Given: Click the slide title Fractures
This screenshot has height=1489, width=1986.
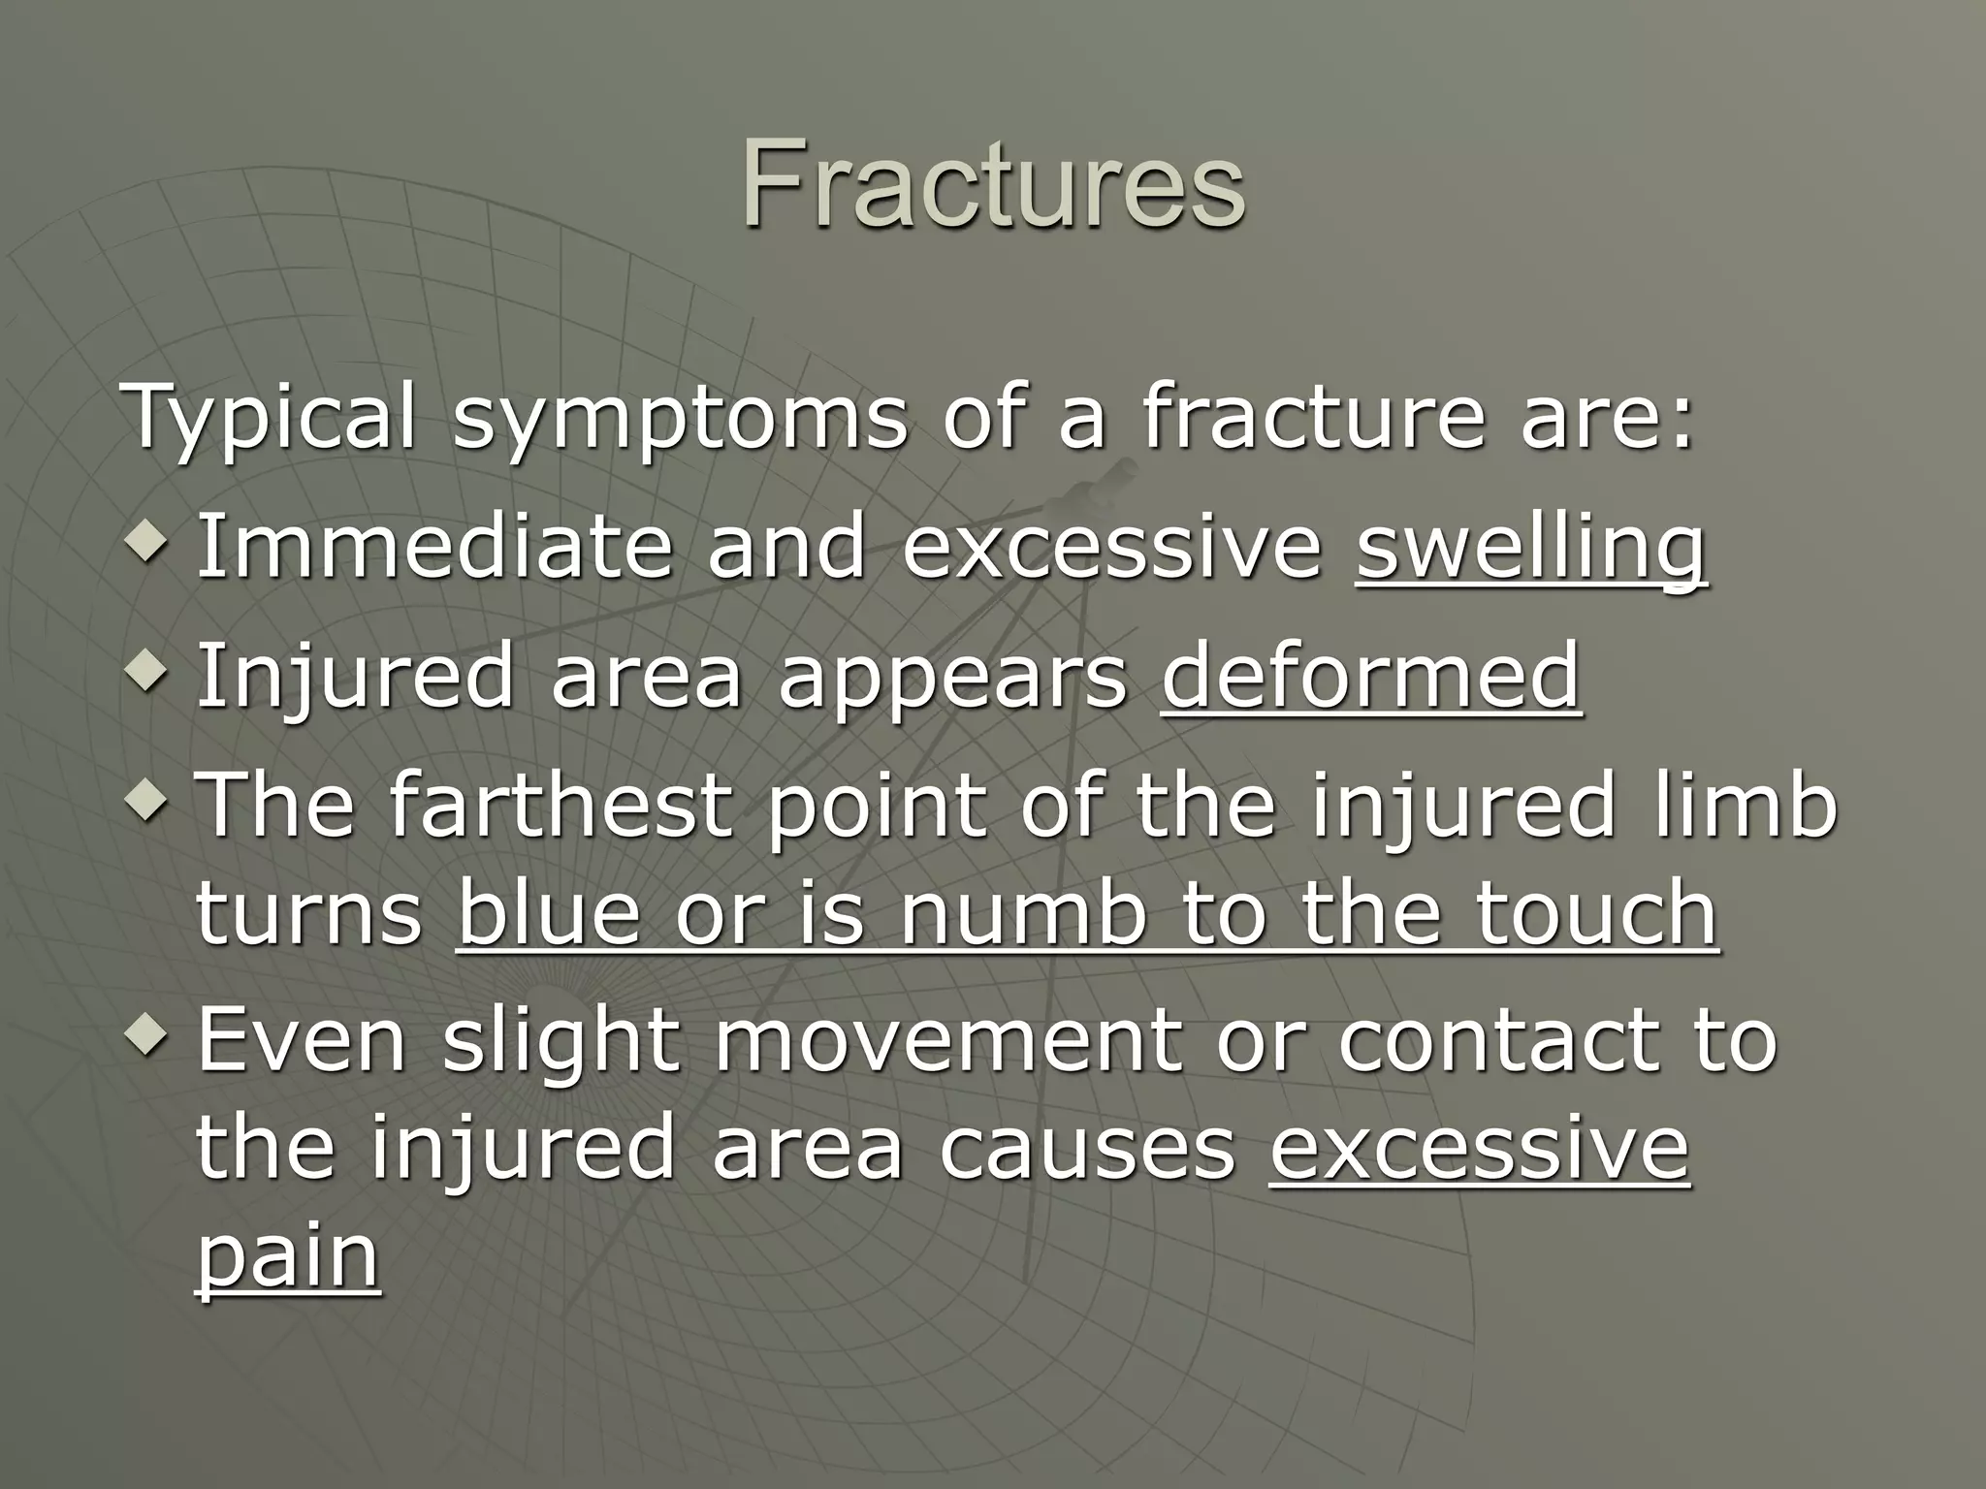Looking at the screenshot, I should tap(993, 184).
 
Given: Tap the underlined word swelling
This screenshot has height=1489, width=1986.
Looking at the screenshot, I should tap(1530, 549).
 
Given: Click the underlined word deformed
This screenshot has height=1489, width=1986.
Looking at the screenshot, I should tap(1370, 676).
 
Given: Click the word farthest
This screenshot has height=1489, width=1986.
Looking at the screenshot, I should tap(560, 804).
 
